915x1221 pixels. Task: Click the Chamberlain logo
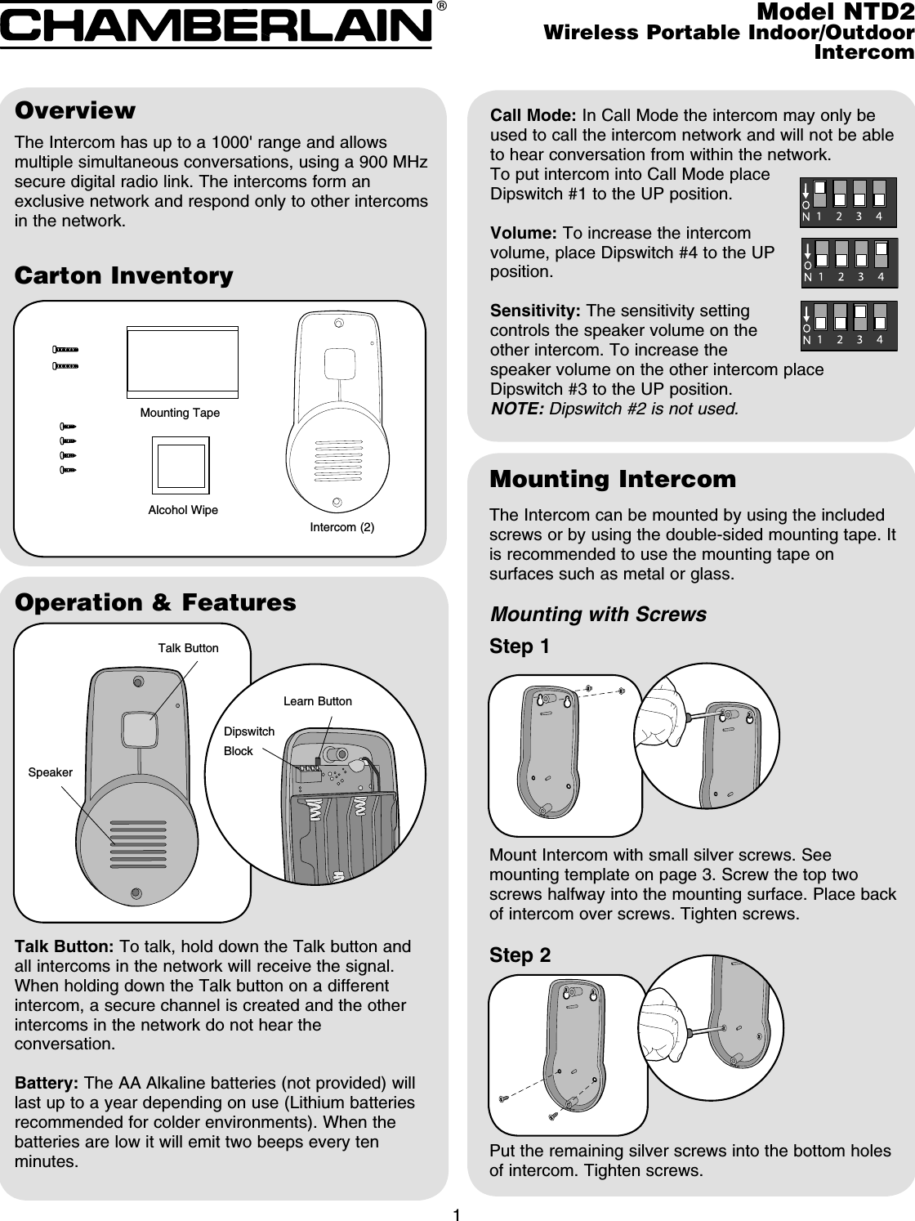pyautogui.click(x=216, y=25)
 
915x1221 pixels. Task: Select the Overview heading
pyautogui.click(x=75, y=110)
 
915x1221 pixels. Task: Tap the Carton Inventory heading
pyautogui.click(x=124, y=275)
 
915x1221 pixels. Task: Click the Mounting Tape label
pyautogui.click(x=180, y=413)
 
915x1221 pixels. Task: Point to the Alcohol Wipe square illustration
pyautogui.click(x=181, y=466)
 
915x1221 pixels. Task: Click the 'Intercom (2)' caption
pyautogui.click(x=342, y=527)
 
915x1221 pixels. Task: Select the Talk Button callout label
pyautogui.click(x=188, y=648)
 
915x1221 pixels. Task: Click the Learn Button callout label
pyautogui.click(x=317, y=701)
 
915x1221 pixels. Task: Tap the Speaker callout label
pyautogui.click(x=51, y=772)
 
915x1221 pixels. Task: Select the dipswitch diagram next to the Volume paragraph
pyautogui.click(x=848, y=264)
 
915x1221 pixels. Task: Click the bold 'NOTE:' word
pyautogui.click(x=516, y=408)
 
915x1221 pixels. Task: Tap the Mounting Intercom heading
pyautogui.click(x=612, y=479)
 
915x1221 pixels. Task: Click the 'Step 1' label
pyautogui.click(x=520, y=647)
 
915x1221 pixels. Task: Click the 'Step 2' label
pyautogui.click(x=520, y=955)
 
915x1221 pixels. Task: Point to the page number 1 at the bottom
pyautogui.click(x=457, y=1214)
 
